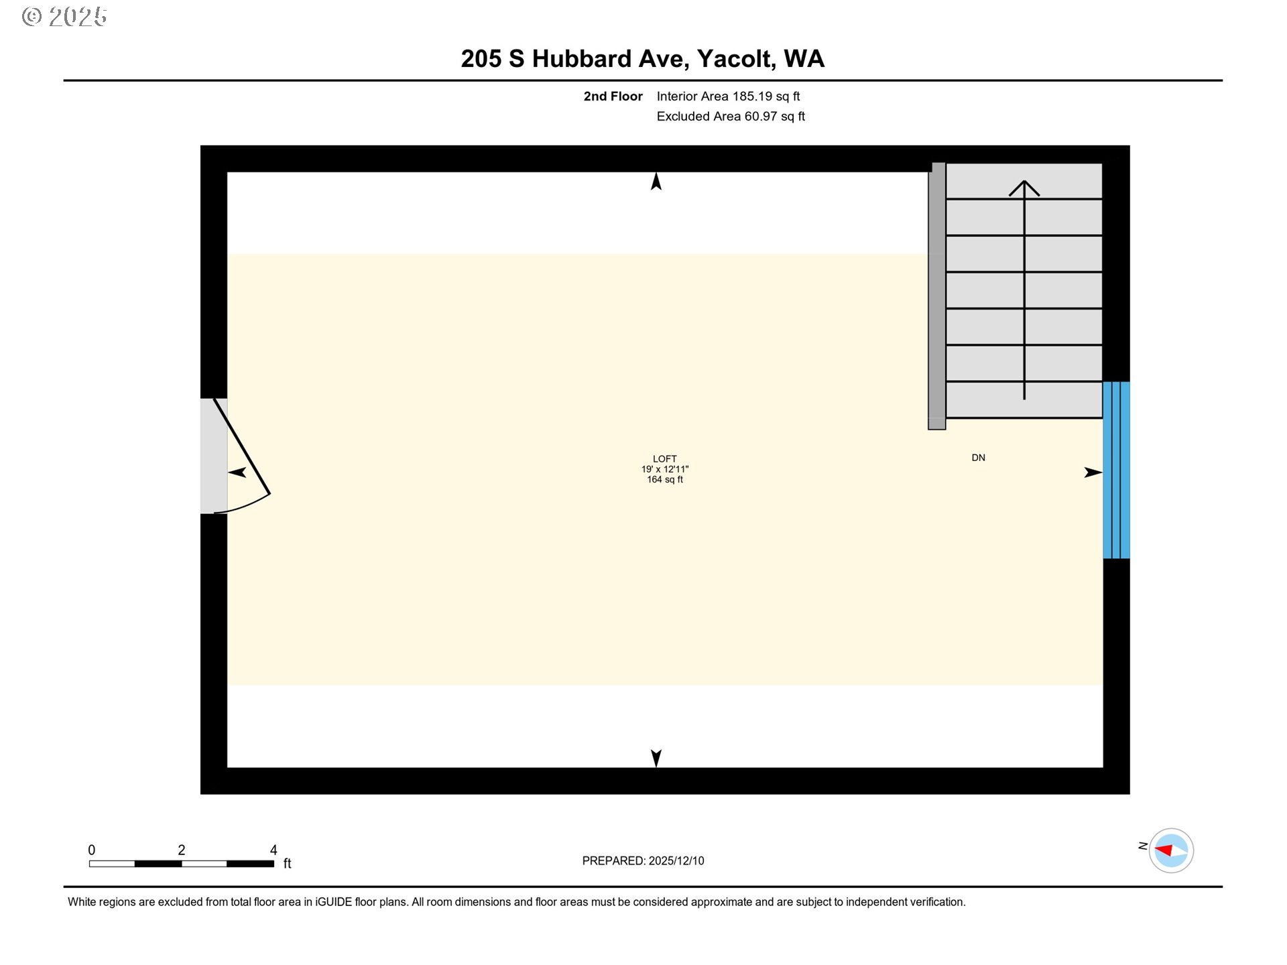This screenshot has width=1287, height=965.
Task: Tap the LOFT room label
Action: [664, 459]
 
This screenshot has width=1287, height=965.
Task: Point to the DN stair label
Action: [978, 458]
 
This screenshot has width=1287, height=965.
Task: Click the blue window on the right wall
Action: [1116, 470]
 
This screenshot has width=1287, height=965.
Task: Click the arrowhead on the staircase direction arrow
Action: [1024, 188]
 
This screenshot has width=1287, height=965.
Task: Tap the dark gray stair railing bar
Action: [936, 296]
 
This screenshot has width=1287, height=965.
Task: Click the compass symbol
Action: [1171, 850]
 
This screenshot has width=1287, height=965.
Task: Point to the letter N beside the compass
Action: [1142, 846]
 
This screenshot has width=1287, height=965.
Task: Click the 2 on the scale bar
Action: [182, 850]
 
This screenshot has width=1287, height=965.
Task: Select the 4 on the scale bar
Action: [273, 850]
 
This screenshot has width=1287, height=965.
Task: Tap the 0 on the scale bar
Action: [92, 850]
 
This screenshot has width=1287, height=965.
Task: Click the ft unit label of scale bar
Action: [287, 863]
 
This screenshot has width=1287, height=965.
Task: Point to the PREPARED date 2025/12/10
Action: [676, 860]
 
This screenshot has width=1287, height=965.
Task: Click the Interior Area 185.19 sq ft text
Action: [728, 96]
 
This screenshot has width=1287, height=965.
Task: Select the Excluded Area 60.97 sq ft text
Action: [731, 117]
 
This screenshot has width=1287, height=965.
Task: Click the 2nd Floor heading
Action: [613, 96]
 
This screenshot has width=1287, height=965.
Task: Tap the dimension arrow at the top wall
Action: [656, 182]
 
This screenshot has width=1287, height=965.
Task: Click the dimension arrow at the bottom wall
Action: [656, 758]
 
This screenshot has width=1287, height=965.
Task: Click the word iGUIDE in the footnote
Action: [333, 902]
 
